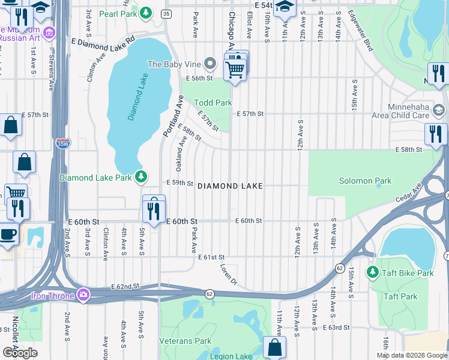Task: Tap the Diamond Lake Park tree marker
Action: (x=140, y=177)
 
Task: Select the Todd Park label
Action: (x=212, y=103)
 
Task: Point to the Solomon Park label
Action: (x=365, y=181)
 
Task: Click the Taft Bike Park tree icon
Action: (x=372, y=273)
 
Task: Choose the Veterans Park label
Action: (x=185, y=341)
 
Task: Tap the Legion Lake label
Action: (x=231, y=356)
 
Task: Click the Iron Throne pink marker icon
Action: (x=83, y=295)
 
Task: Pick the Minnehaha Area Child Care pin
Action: (x=439, y=110)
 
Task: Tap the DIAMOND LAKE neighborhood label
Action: (x=230, y=186)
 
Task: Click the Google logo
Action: (x=20, y=352)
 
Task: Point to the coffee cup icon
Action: (x=7, y=233)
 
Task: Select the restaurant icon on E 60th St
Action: (x=154, y=211)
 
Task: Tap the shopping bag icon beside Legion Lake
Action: (x=274, y=347)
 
